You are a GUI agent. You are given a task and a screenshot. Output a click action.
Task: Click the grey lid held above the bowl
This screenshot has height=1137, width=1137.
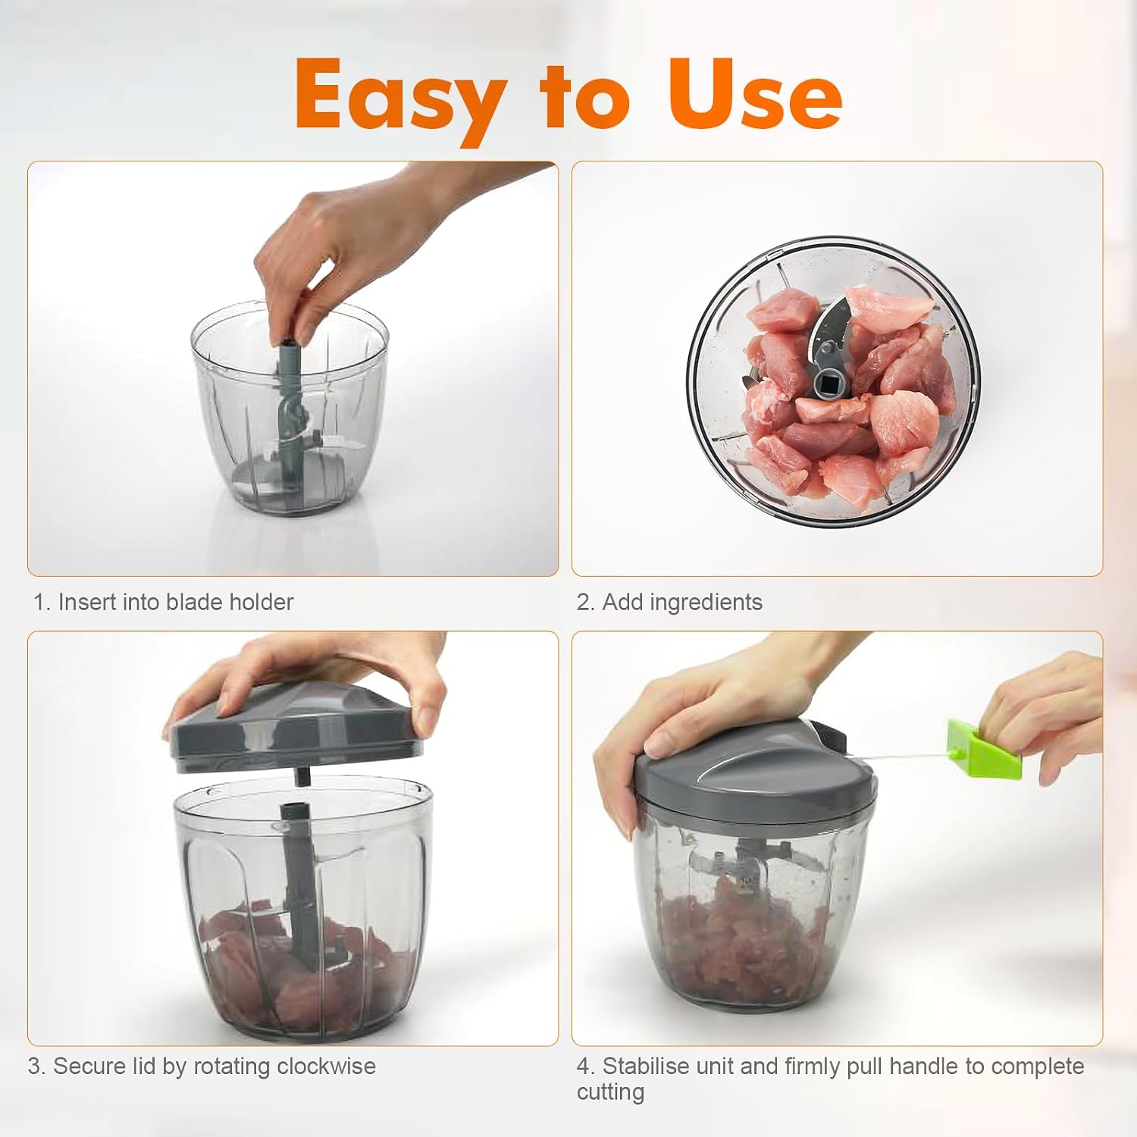click(x=294, y=728)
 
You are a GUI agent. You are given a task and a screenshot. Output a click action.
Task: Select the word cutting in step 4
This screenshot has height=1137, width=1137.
click(x=610, y=1092)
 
